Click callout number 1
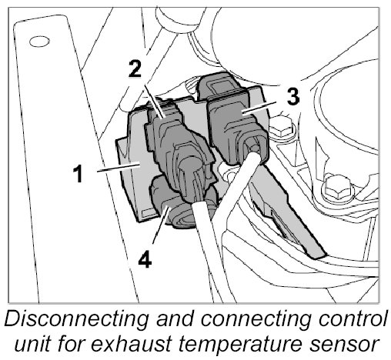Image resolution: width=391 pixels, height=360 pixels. tap(78, 174)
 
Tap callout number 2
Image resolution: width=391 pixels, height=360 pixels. tap(135, 68)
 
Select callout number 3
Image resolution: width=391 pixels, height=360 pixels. tap(292, 96)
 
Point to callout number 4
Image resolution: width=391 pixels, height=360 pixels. tap(145, 259)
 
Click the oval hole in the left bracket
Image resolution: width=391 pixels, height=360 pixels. tap(39, 42)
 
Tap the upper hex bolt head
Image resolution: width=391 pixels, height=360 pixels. tap(281, 128)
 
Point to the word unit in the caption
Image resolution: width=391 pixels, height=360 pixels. tap(32, 344)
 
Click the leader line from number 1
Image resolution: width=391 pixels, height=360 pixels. tap(118, 168)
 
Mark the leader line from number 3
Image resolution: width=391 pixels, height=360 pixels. tap(259, 107)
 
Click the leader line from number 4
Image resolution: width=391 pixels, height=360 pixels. tap(161, 225)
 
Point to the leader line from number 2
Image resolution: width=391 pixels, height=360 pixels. tap(153, 102)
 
